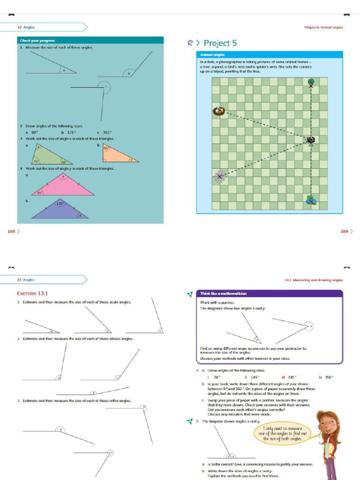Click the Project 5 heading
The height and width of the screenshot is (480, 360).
[x=220, y=44]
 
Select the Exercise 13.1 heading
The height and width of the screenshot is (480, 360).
[x=33, y=294]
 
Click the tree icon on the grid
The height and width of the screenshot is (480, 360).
[x=311, y=83]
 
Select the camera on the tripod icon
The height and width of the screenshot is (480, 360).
[x=311, y=140]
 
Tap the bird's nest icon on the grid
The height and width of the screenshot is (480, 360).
[x=219, y=111]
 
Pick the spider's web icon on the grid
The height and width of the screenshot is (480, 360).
[x=220, y=176]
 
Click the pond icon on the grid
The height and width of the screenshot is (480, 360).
[x=311, y=200]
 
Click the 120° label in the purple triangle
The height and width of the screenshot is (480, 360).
[x=60, y=204]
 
